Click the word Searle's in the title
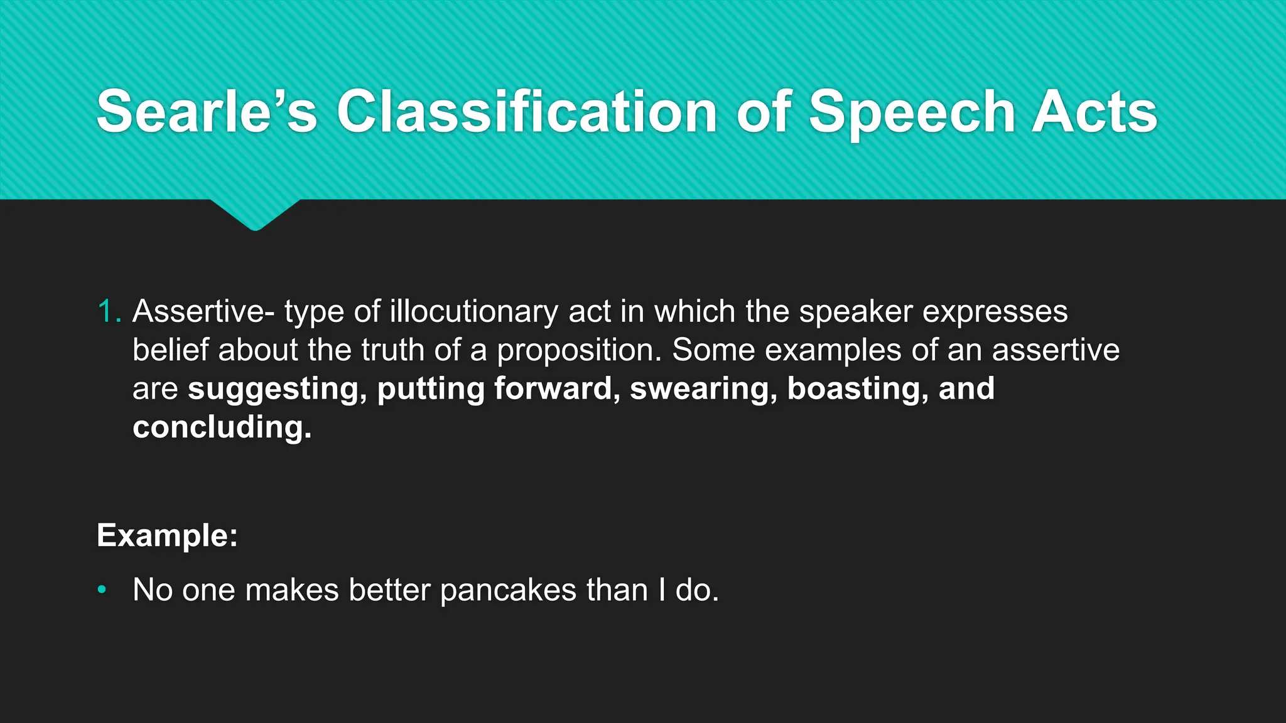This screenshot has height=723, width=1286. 207,112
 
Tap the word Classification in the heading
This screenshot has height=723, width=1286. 527,112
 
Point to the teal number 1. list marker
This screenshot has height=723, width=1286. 109,312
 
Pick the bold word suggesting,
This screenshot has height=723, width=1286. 277,389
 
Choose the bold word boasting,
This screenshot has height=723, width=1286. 858,388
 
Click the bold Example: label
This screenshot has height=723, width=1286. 167,535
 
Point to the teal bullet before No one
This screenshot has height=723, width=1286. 102,590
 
